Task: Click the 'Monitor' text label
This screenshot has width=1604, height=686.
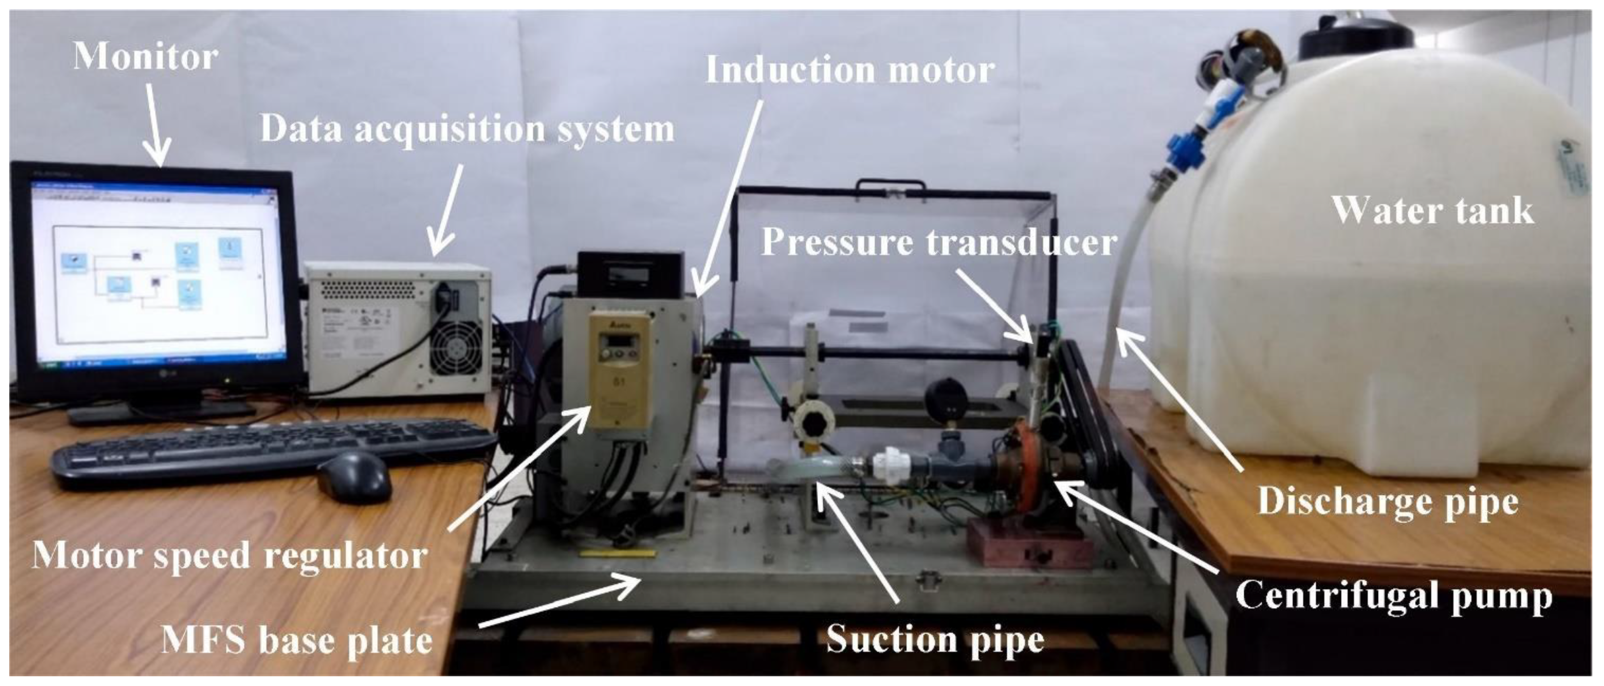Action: tap(145, 57)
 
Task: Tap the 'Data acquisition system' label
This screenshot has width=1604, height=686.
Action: tap(467, 130)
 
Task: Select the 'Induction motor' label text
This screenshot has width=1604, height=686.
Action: tap(849, 70)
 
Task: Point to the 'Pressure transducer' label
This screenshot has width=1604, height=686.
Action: tap(939, 241)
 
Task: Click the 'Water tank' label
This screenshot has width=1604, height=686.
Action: tap(1433, 210)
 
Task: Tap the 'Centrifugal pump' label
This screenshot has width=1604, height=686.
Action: tap(1394, 596)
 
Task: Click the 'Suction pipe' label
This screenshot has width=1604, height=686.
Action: tap(934, 639)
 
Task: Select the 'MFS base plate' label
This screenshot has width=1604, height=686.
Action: tap(297, 639)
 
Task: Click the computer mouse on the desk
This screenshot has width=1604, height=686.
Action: tap(355, 476)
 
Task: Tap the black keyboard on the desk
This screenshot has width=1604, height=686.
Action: tap(274, 443)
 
